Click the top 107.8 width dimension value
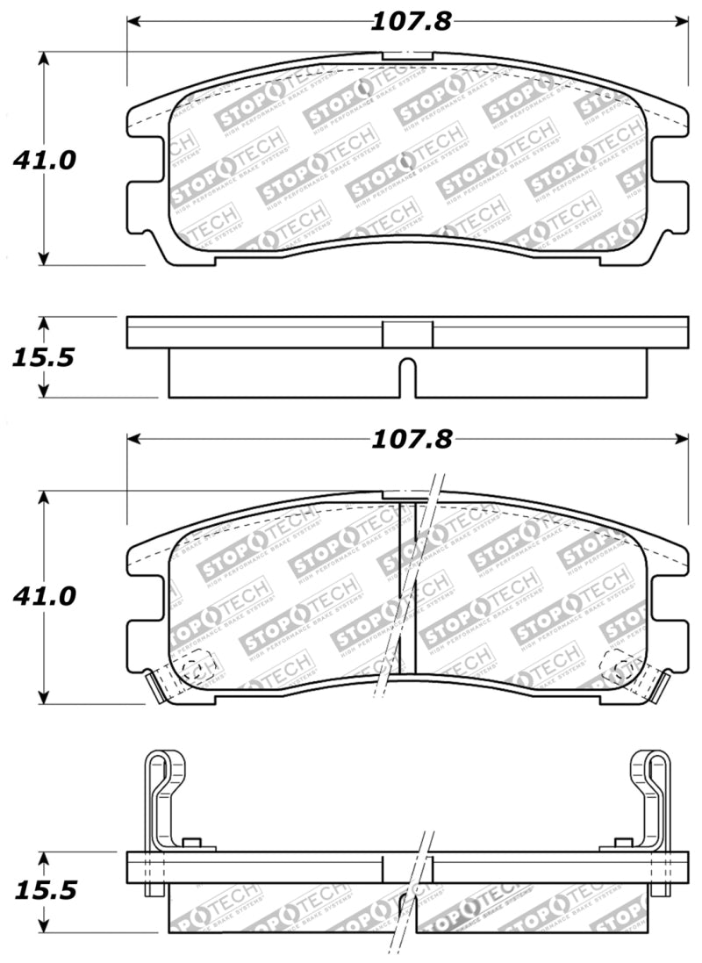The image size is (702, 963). [x=410, y=21]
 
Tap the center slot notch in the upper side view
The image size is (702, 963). [x=407, y=376]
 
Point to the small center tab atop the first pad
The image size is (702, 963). [x=407, y=56]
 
